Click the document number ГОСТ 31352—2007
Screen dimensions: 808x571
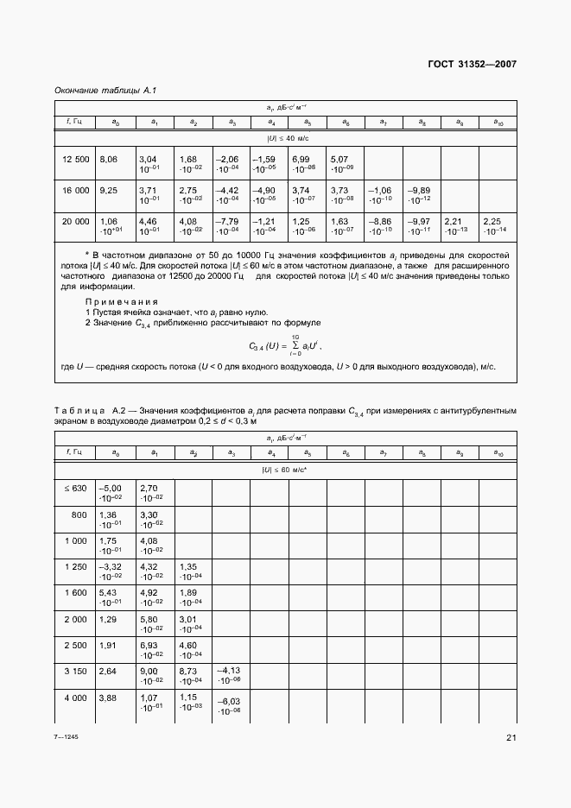(473, 64)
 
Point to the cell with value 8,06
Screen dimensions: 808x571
(109, 159)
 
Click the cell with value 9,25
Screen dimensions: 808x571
(109, 189)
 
